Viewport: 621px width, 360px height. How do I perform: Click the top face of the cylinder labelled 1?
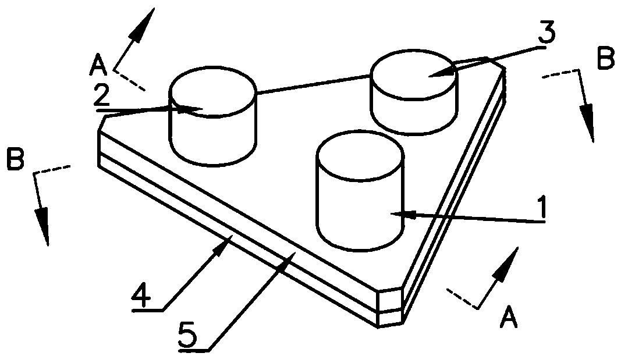(359, 152)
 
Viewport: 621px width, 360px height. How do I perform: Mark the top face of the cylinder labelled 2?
(212, 90)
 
